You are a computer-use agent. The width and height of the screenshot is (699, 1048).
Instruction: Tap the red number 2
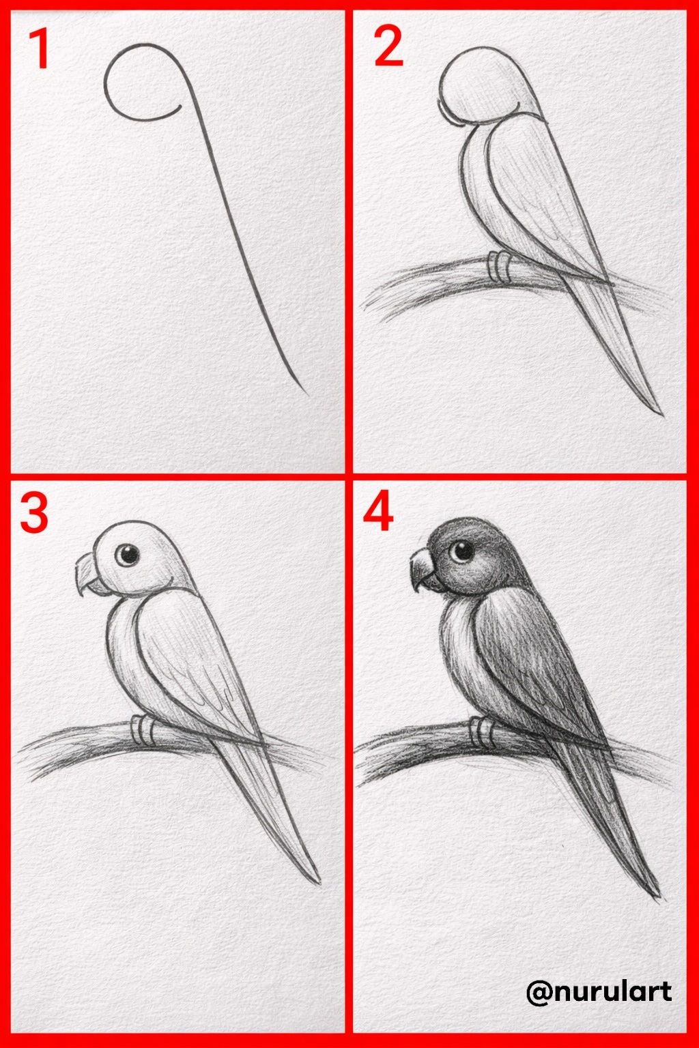tap(389, 49)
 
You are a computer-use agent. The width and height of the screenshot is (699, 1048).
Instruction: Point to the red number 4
tap(378, 514)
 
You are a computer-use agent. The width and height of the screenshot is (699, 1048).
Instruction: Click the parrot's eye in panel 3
tap(128, 555)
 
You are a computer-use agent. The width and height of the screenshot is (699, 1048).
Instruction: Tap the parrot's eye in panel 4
tap(461, 551)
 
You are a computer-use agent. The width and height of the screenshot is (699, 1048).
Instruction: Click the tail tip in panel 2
tap(662, 415)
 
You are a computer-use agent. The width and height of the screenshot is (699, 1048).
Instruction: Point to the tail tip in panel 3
tap(319, 884)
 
